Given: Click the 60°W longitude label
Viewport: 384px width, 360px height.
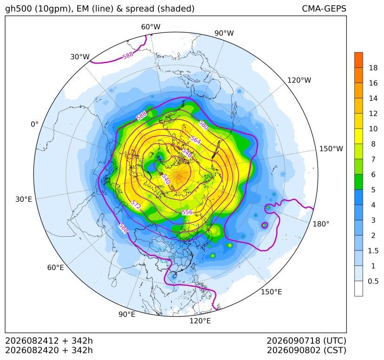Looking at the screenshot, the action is (x=150, y=27).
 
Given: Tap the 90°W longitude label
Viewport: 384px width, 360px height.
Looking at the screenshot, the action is (x=224, y=33).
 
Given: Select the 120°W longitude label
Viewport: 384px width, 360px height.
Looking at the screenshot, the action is (x=299, y=80).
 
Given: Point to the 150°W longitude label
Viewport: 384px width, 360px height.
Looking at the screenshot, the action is (x=331, y=149).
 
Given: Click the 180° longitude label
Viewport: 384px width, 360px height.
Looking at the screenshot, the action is (x=321, y=224).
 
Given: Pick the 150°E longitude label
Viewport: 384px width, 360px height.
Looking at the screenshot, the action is (x=271, y=292).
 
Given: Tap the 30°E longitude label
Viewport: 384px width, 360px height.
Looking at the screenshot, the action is (x=24, y=199).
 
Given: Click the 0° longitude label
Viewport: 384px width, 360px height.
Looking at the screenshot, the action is (x=34, y=124).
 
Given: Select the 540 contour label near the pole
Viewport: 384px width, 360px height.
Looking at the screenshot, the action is (x=166, y=179).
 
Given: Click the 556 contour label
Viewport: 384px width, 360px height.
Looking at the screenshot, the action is (x=187, y=212).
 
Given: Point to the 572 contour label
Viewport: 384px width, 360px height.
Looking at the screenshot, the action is (x=136, y=205).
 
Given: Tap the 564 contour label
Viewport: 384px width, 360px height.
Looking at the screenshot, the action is (x=195, y=140).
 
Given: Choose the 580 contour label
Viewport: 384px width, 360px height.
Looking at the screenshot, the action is (x=203, y=125).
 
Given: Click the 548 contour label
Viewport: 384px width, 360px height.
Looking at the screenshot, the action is (x=187, y=153).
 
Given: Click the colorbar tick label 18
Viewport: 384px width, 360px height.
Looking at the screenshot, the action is (x=373, y=68).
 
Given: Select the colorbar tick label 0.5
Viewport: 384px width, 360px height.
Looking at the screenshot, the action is (x=373, y=281).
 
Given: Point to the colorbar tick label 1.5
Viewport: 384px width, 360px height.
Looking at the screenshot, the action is (x=373, y=251).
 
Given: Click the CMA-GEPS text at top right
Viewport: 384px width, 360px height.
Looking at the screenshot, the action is (x=324, y=9).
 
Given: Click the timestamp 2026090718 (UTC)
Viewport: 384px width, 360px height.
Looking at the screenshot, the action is (x=306, y=341).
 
